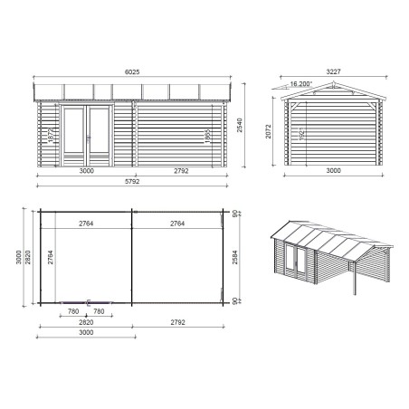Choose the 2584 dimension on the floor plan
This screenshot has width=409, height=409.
click(x=237, y=260)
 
